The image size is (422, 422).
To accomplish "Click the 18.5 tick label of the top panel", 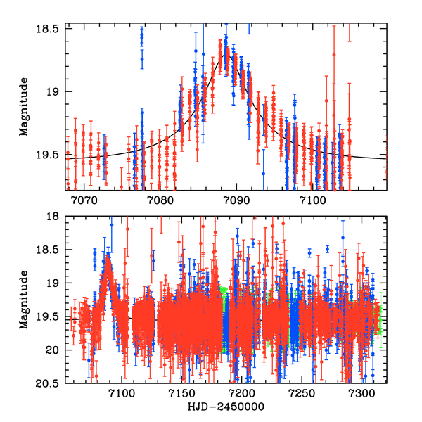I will coord(50,29).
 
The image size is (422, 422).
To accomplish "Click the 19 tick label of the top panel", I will coord(55,91).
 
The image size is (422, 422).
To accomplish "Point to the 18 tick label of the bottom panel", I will coord(55,217).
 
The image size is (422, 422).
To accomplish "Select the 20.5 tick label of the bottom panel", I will coord(50,383).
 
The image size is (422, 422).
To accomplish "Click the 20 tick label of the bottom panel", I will coord(55,350).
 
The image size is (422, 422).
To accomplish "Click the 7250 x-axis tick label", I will coord(302,392).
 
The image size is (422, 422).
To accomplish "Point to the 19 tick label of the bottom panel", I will coord(55,283).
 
